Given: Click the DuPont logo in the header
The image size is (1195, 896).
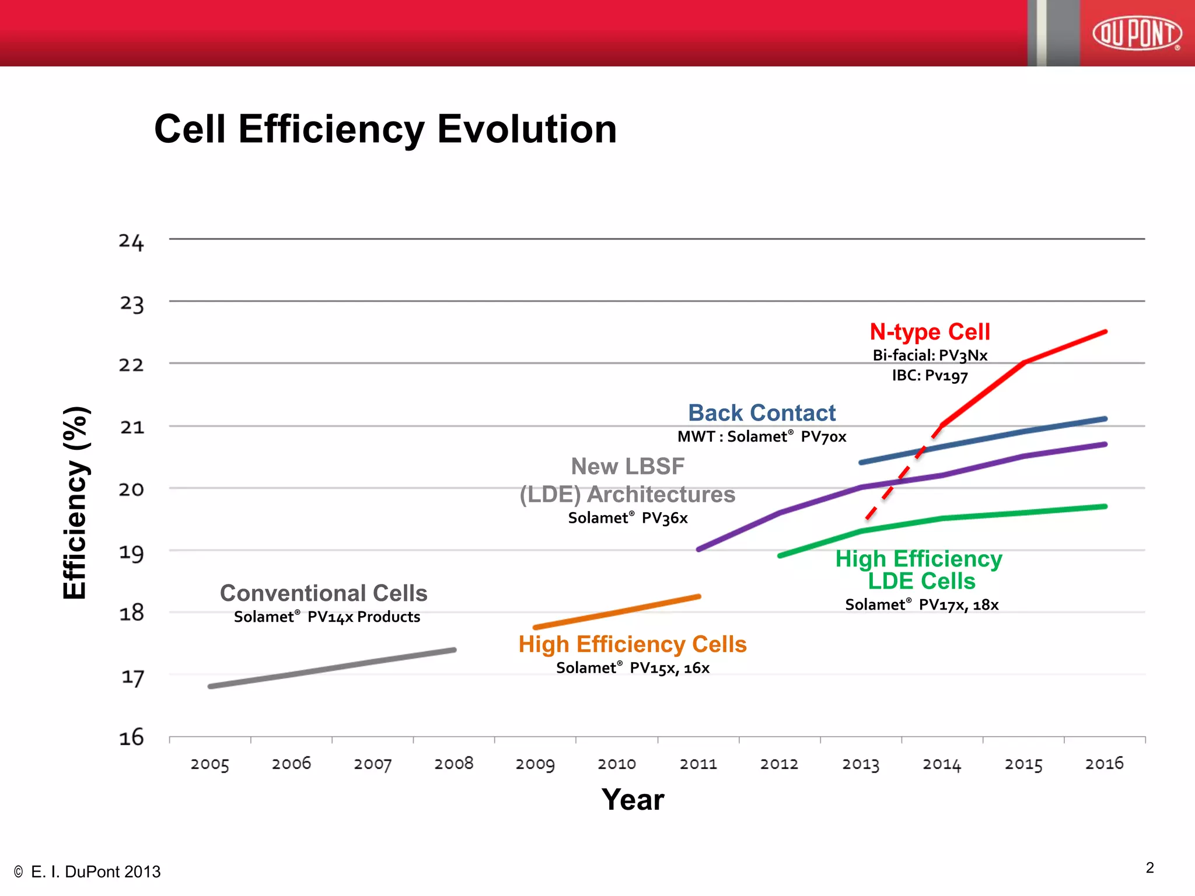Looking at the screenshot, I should tap(1137, 33).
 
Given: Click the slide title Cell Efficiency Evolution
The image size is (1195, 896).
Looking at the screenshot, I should tap(385, 129).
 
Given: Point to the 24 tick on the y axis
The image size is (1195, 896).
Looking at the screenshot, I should tap(131, 241).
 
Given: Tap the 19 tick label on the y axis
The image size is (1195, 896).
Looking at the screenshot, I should tap(131, 552).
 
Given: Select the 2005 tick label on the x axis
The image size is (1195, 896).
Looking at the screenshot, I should tap(209, 764).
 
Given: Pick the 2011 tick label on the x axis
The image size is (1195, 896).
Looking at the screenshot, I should tap(698, 764).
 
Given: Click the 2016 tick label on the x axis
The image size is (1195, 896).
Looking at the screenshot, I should tap(1104, 764).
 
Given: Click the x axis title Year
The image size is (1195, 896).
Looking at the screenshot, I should tap(633, 799).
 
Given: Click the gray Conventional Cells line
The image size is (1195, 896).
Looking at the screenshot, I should tap(333, 668).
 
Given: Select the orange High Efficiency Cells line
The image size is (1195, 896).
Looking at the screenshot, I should tap(617, 612).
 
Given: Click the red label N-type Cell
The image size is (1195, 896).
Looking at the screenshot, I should tap(930, 332).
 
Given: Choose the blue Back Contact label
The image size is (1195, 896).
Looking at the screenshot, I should tap(761, 413).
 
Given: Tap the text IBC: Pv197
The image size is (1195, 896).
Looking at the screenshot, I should tap(930, 376).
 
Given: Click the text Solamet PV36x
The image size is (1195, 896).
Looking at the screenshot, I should tap(628, 518).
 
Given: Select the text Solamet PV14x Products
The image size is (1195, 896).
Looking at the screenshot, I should tap(327, 617).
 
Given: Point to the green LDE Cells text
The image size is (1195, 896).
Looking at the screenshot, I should tap(921, 581).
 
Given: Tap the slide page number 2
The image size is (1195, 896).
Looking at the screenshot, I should tap(1149, 868).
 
